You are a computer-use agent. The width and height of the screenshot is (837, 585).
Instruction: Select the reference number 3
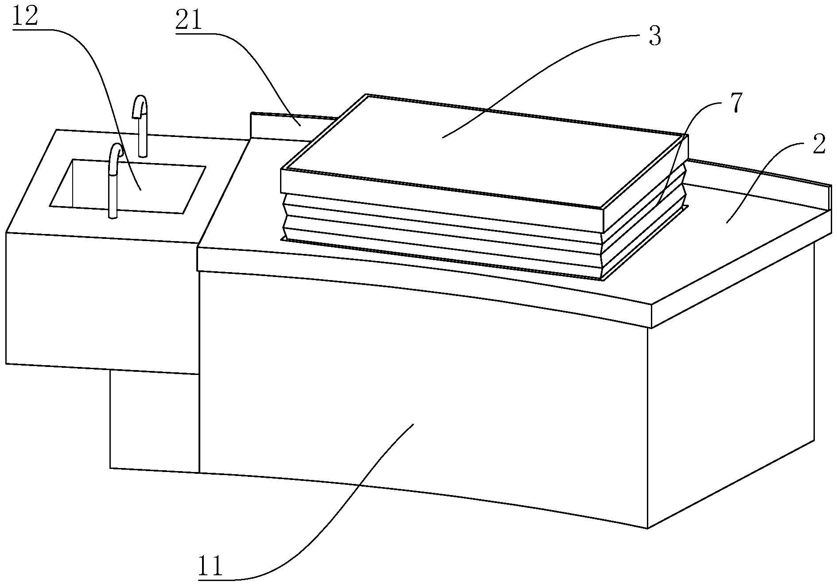pos(654,37)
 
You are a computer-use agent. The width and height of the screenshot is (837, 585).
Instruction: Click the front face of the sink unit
pos(102,301)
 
